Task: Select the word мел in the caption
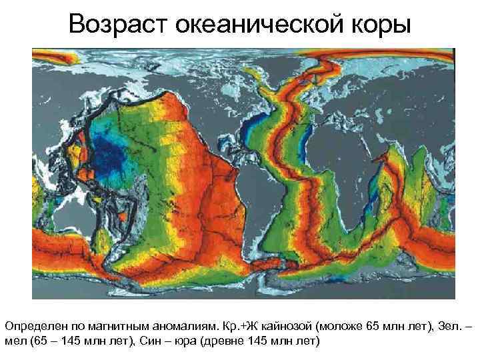(15, 341)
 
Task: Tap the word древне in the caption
(237, 341)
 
